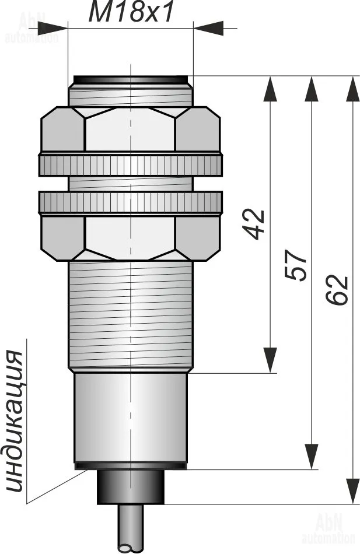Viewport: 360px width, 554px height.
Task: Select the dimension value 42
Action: pyautogui.click(x=254, y=225)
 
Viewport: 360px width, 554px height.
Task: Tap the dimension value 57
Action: pyautogui.click(x=296, y=265)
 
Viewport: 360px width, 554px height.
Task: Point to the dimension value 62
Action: pyautogui.click(x=337, y=290)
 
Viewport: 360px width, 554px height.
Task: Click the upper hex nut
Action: pyautogui.click(x=131, y=129)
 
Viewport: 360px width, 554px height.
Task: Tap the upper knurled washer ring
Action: pyautogui.click(x=131, y=164)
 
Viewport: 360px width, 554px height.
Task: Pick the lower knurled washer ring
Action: pyautogui.click(x=131, y=203)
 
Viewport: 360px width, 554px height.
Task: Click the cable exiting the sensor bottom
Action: pyautogui.click(x=131, y=529)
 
